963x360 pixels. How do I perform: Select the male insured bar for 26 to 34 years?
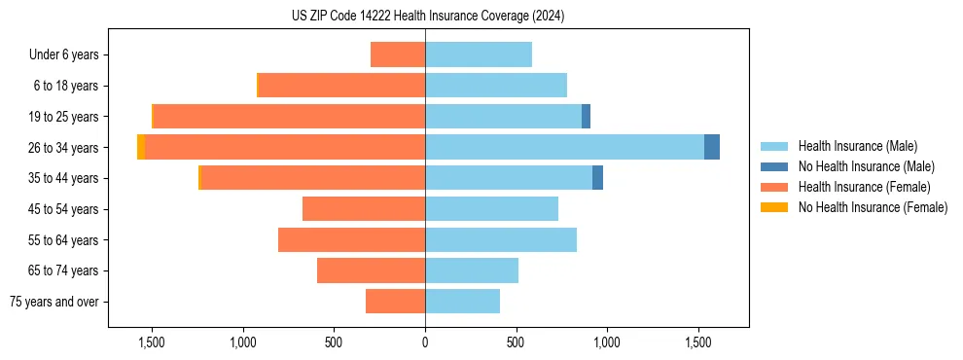[x=564, y=147]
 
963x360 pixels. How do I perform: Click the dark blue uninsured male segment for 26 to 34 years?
[x=712, y=147]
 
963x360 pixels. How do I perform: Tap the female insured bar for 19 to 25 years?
[x=289, y=117]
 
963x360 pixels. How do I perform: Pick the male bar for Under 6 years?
[x=479, y=54]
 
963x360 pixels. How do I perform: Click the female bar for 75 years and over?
[x=395, y=302]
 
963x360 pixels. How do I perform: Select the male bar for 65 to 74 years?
[x=472, y=270]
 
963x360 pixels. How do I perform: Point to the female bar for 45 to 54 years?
[x=364, y=209]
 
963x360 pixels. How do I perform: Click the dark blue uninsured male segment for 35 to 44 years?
[x=597, y=178]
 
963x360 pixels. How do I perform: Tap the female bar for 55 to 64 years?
[x=351, y=239]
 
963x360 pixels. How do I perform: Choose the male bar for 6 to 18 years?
[x=496, y=86]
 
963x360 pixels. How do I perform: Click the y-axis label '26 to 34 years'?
[x=64, y=148]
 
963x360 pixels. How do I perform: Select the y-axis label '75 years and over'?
[x=54, y=302]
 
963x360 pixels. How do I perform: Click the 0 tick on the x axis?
[x=425, y=342]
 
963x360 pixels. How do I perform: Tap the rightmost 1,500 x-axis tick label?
[x=698, y=342]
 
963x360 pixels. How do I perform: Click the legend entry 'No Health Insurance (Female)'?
[x=873, y=207]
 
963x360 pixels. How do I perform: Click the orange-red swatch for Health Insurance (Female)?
[x=774, y=187]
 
